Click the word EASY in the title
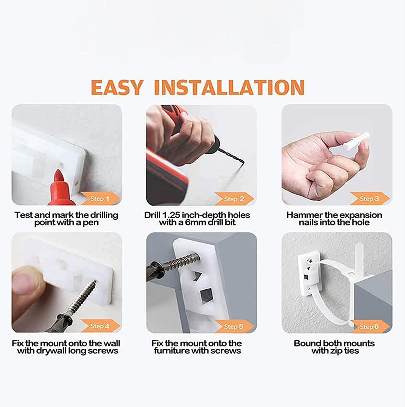116,87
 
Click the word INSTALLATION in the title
229,87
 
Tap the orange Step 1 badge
100,199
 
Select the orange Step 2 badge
234,199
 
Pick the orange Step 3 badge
369,199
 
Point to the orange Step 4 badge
100,326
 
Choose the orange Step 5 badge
234,326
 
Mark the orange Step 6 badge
369,326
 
